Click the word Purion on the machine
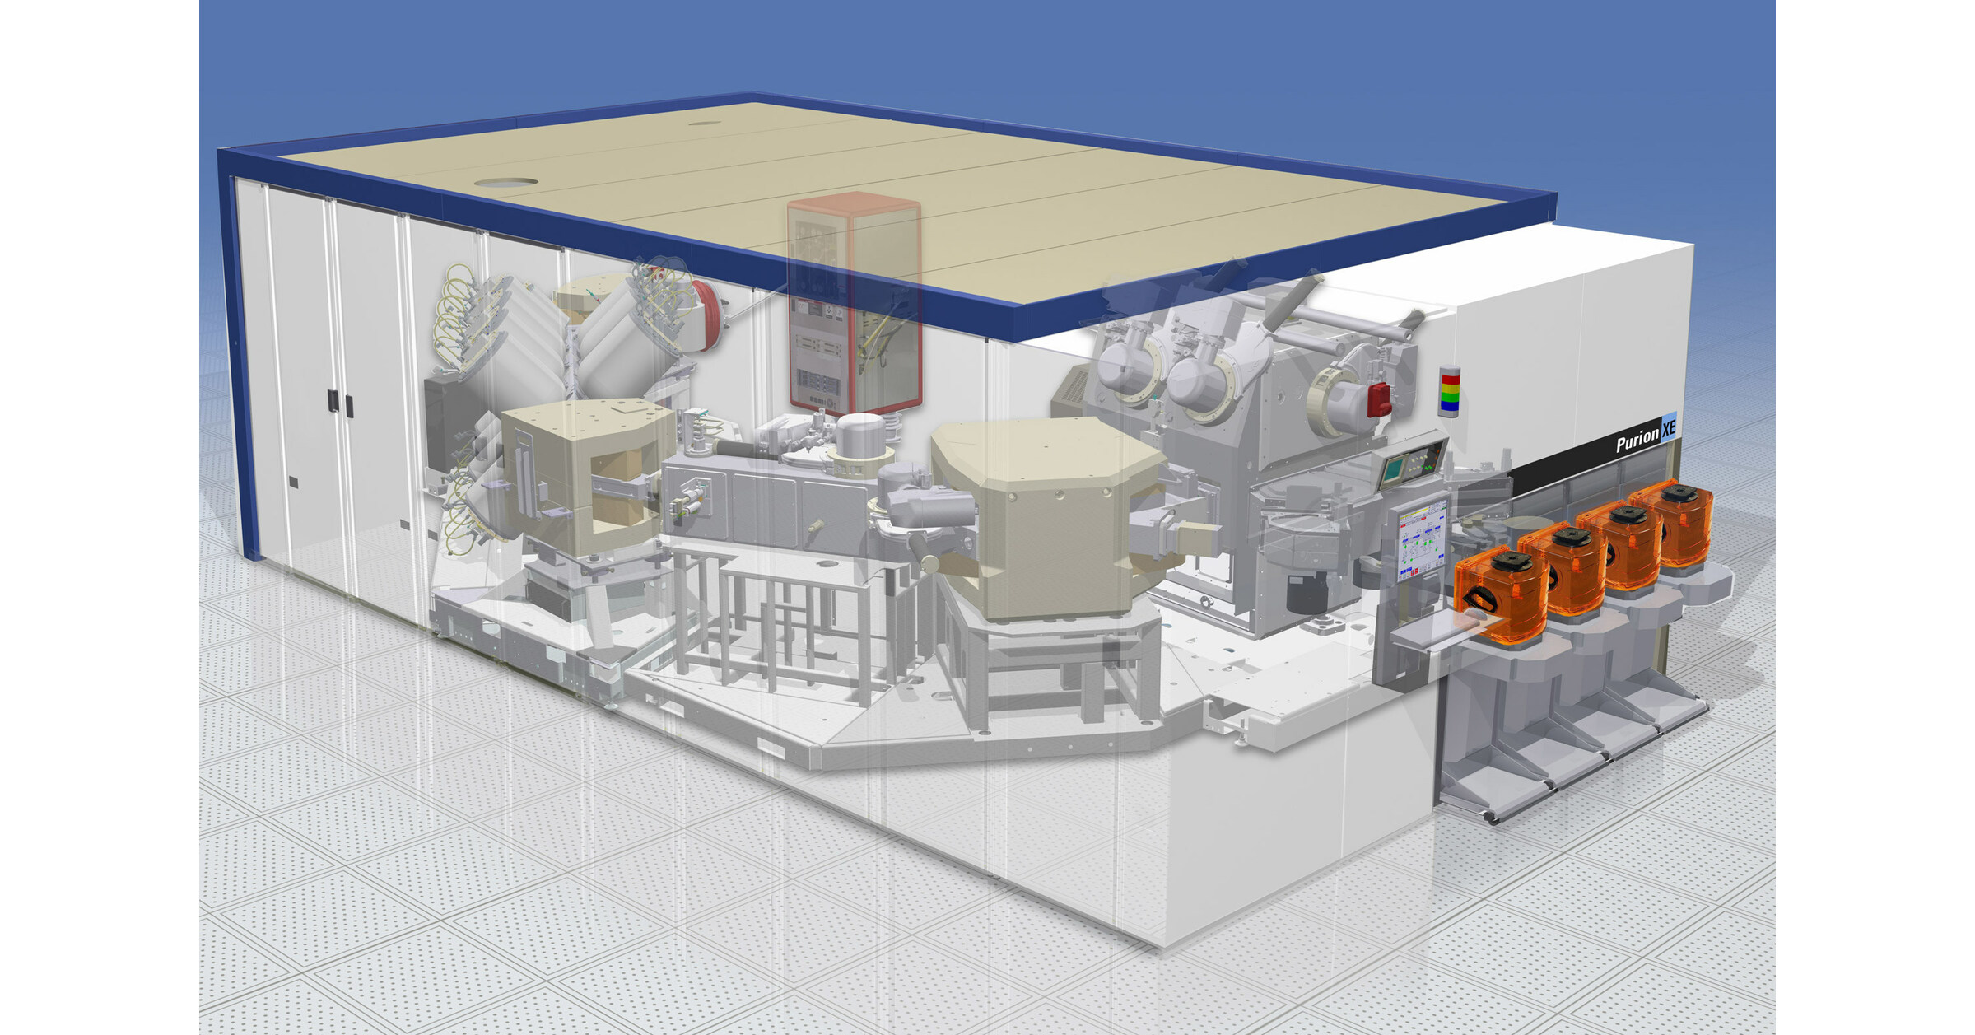click(1637, 441)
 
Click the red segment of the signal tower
click(1449, 380)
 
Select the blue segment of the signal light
click(1449, 406)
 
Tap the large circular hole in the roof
click(505, 182)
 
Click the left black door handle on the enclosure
click(332, 401)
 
